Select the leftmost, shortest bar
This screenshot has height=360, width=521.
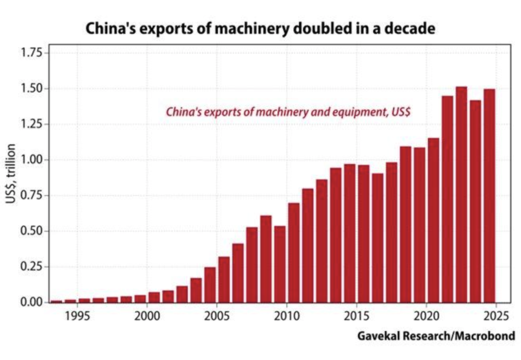pos(56,301)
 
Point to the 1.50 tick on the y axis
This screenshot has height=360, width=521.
pos(32,88)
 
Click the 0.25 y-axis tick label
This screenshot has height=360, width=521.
pos(32,266)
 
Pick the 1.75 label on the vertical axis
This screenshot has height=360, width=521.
pos(32,53)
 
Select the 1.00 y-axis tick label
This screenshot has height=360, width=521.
pos(32,160)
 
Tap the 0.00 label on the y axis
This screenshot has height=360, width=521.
pos(32,302)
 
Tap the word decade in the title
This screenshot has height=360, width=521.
pos(410,29)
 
